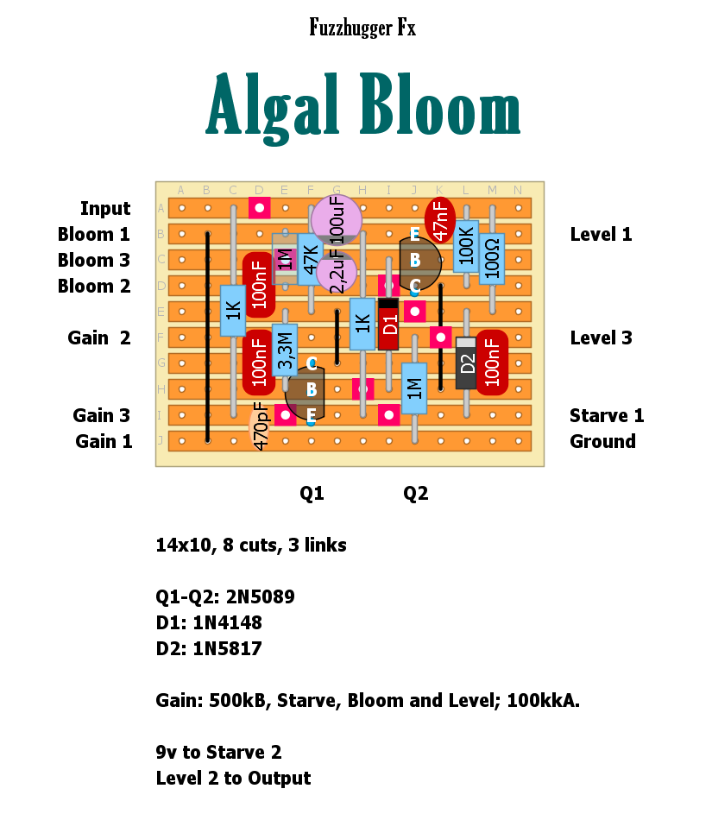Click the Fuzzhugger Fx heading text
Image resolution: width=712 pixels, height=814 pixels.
point(362,28)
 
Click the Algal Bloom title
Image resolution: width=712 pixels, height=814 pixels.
point(363,108)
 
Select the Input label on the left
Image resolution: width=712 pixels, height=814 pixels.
point(104,208)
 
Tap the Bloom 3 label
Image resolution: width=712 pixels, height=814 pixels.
point(94,260)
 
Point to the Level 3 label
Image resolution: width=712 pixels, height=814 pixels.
point(601,338)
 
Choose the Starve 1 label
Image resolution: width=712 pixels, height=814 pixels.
point(606,415)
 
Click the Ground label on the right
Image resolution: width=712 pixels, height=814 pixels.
point(602,441)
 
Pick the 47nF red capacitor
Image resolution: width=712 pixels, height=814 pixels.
point(440,220)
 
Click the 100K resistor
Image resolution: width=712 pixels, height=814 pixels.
point(466,246)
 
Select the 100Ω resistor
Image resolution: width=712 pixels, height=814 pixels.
point(492,256)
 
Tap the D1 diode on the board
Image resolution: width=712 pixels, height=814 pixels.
point(388,324)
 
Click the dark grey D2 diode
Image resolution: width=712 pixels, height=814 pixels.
point(466,363)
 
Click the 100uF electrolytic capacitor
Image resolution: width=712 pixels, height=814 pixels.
point(337,219)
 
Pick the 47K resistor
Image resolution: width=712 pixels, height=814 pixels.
point(311,259)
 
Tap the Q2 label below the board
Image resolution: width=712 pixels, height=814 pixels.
point(415,493)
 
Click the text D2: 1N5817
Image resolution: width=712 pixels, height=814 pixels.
point(209,648)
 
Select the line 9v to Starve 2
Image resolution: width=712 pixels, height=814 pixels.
point(219,752)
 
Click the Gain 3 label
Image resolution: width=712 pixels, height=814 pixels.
point(102,415)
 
